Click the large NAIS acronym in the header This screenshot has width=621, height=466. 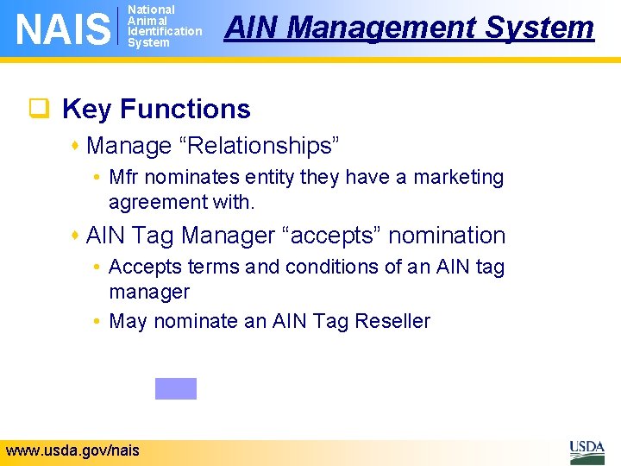[x=63, y=28]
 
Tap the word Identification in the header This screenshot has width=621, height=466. [x=164, y=31]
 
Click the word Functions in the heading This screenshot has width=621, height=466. [x=185, y=110]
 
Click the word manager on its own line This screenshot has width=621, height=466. [x=148, y=293]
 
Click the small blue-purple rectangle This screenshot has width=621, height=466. [x=176, y=388]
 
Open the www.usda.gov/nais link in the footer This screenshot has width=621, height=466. [x=72, y=450]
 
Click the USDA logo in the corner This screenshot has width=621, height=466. [x=586, y=451]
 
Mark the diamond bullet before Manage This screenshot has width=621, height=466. [x=78, y=146]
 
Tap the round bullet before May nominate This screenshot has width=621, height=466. [x=99, y=322]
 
